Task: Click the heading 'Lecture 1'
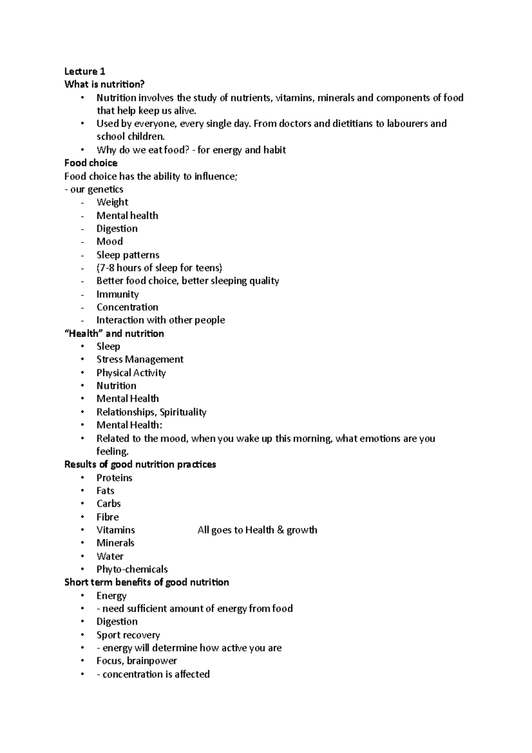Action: [85, 71]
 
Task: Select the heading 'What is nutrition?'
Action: [105, 84]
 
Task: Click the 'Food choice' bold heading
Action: [91, 163]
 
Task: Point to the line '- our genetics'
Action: [94, 189]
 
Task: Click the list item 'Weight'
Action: [112, 202]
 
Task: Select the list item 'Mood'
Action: [110, 242]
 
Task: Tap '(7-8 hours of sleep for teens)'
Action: [159, 268]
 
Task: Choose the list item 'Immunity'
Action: [117, 294]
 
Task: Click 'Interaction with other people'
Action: [160, 320]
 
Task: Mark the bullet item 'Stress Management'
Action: [140, 359]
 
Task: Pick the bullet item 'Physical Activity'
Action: [131, 373]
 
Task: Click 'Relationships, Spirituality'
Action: [151, 412]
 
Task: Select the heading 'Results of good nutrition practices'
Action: [140, 464]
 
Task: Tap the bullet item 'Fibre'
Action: [108, 517]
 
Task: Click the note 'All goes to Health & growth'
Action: [257, 530]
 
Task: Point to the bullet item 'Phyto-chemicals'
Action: [132, 569]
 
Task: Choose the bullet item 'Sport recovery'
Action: [128, 635]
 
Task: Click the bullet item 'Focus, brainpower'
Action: [137, 661]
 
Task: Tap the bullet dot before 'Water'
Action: [82, 556]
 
